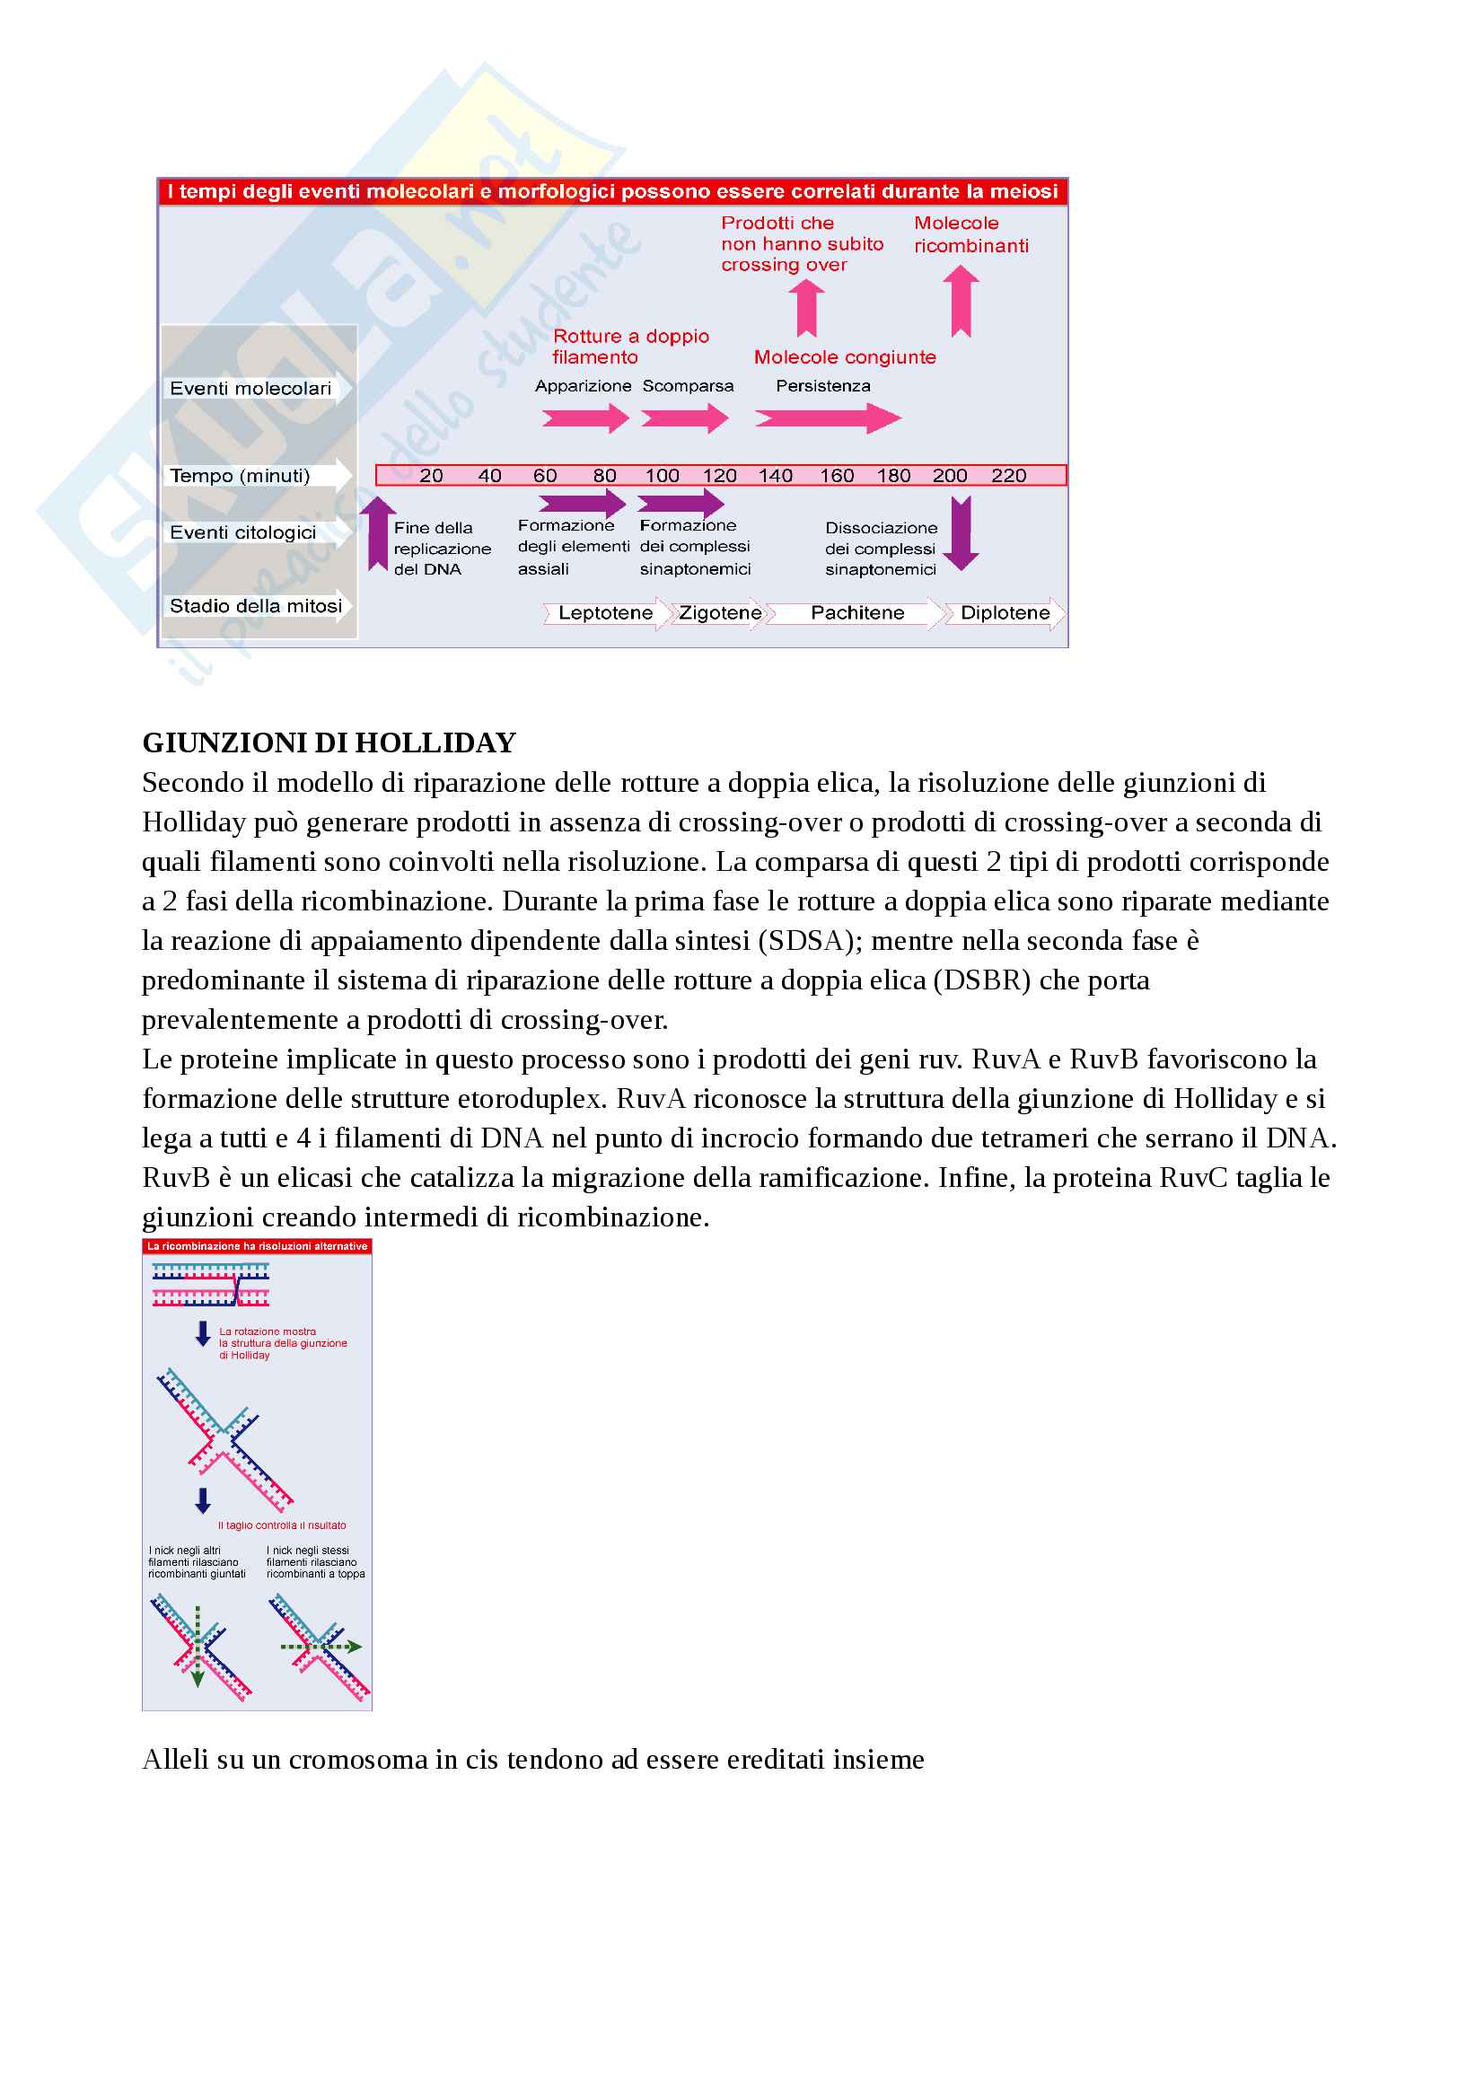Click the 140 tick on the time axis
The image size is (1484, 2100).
tap(776, 476)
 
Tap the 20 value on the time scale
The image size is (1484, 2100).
tap(431, 476)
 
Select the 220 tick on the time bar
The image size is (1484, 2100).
tap(1008, 476)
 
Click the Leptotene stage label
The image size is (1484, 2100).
tap(605, 613)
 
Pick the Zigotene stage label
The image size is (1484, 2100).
tap(720, 613)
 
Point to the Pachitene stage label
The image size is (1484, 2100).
tap(856, 613)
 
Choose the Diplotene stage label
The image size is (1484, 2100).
tap(1005, 613)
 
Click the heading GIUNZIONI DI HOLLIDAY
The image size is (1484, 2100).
tap(329, 742)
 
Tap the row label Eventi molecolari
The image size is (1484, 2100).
tap(250, 389)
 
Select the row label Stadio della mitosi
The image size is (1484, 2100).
tap(256, 605)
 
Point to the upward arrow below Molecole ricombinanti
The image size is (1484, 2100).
tap(960, 302)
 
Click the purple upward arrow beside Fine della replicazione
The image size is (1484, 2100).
tap(377, 534)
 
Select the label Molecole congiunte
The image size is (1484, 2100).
tap(845, 357)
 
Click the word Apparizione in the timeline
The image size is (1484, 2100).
tap(584, 386)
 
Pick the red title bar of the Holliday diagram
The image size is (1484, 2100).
tap(257, 1247)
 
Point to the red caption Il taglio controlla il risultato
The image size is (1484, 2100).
tap(282, 1525)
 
